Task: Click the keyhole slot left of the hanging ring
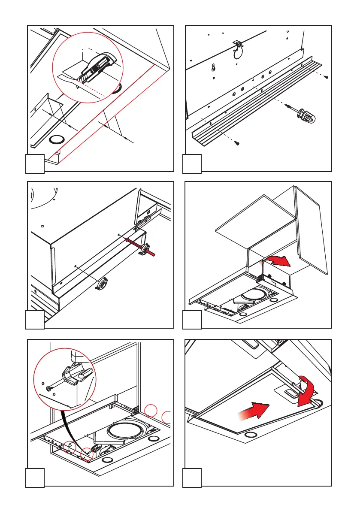tap(213, 67)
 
